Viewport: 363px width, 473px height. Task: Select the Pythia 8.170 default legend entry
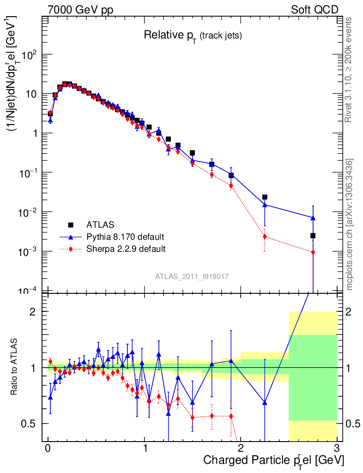[x=125, y=237]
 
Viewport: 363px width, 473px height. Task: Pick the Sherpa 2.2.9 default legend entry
[x=126, y=249]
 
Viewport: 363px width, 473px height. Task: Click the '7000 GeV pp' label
[x=80, y=10]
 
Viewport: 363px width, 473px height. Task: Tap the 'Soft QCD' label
[x=315, y=10]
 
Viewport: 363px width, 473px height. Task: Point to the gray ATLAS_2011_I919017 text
[x=192, y=276]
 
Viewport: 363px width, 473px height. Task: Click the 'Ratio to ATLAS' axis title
[x=15, y=367]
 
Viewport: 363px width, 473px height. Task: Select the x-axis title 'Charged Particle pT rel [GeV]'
[x=273, y=460]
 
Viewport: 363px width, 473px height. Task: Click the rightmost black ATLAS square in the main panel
[x=313, y=236]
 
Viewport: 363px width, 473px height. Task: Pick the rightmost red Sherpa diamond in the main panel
[x=313, y=252]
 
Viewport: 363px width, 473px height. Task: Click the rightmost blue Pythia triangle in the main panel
[x=313, y=218]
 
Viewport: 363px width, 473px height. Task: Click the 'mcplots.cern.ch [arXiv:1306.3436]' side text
[x=350, y=225]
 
